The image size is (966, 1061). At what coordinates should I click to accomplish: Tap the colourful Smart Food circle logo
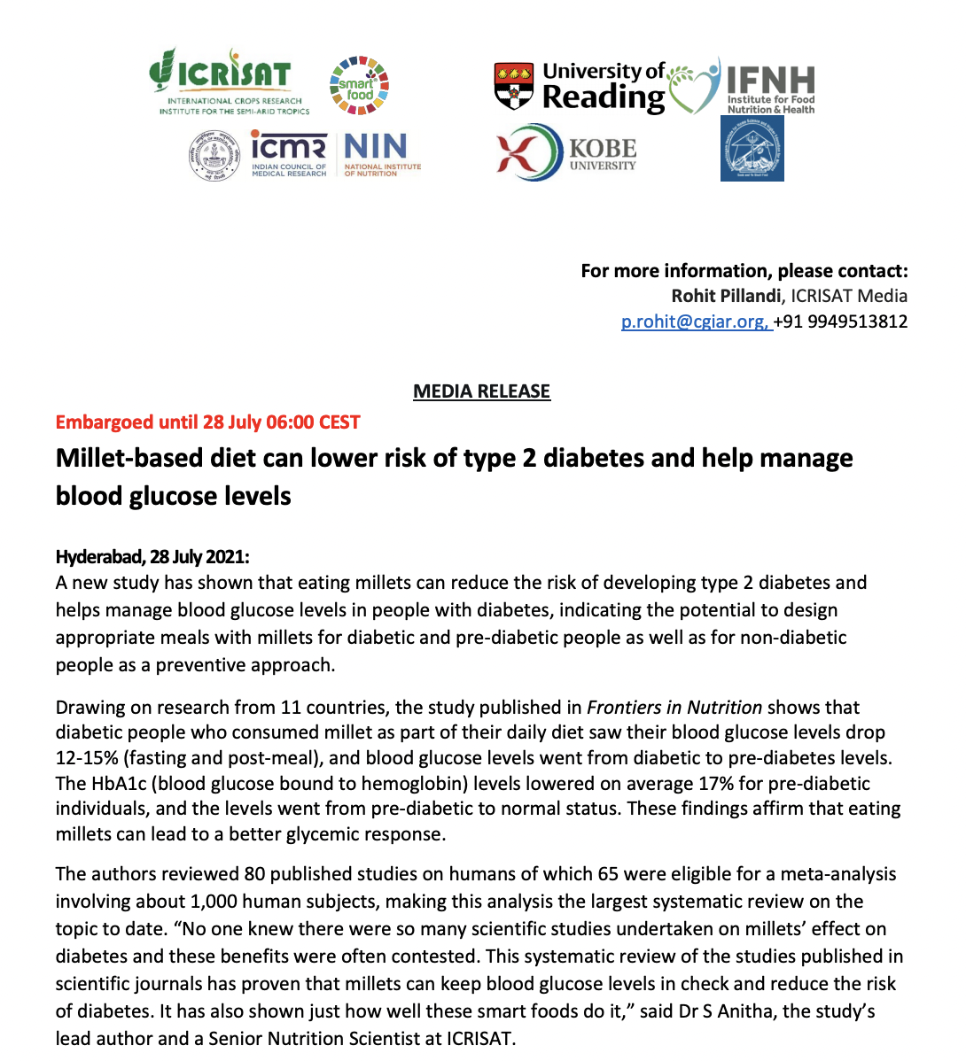[x=359, y=86]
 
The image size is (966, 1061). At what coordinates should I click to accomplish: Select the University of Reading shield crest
[x=514, y=85]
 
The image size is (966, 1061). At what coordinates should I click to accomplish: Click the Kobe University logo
[x=567, y=153]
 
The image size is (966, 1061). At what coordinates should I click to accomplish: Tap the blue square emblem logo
[x=752, y=149]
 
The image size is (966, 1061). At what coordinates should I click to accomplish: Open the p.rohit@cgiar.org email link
[x=695, y=321]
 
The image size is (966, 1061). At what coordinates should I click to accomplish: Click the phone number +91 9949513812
[x=842, y=321]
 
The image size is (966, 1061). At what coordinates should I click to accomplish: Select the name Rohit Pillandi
[x=726, y=296]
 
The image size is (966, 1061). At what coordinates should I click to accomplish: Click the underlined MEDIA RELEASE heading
[x=481, y=391]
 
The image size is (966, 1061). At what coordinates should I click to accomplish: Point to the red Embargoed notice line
[x=207, y=422]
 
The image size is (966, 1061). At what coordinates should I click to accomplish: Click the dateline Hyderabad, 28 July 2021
[x=152, y=557]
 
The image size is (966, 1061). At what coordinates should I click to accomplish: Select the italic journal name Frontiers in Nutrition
[x=674, y=708]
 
